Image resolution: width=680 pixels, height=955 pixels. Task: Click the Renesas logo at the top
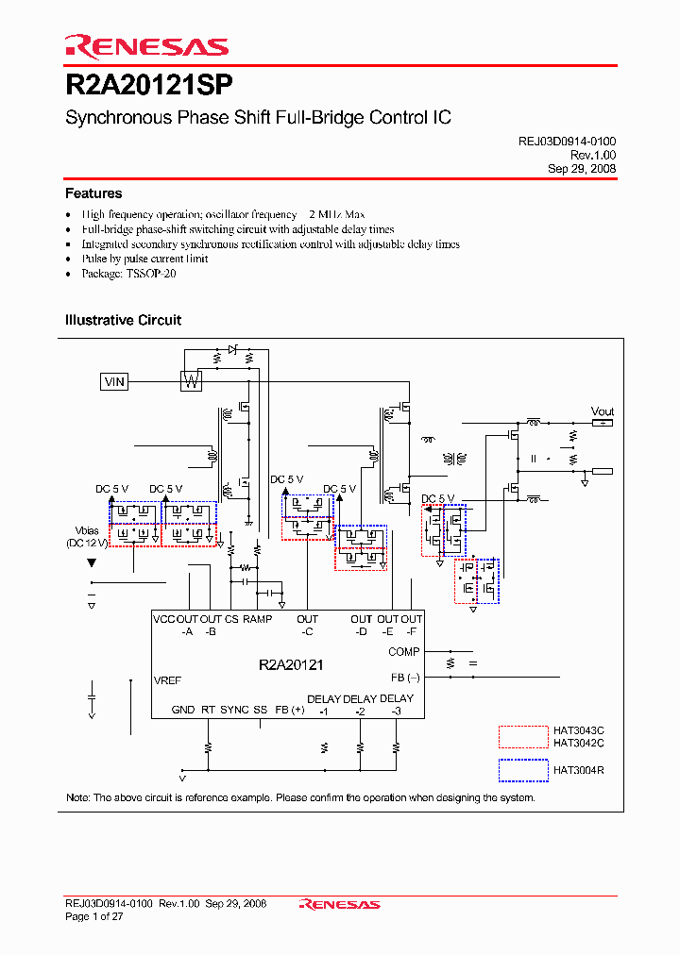tap(146, 46)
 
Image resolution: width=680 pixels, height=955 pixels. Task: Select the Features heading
tap(93, 193)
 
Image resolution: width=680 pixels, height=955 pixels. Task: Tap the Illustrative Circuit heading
tap(123, 320)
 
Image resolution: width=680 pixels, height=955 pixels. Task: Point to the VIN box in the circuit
tap(114, 381)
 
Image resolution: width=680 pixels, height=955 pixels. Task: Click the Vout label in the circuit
tap(602, 411)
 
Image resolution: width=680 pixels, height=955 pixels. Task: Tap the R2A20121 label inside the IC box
tap(291, 664)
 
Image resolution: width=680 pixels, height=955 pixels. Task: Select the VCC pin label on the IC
tap(164, 619)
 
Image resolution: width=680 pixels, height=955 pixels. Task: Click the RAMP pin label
tap(257, 619)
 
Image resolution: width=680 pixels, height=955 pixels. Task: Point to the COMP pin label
tap(403, 652)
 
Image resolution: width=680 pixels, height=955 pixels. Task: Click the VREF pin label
tap(167, 679)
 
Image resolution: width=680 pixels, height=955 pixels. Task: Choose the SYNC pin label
tap(234, 710)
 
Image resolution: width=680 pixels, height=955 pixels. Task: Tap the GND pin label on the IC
tap(183, 710)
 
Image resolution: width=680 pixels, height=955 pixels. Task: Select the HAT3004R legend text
tap(578, 770)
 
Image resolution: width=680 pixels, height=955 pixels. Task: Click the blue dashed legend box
tap(523, 770)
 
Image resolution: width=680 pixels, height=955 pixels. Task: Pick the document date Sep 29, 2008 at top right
tap(582, 168)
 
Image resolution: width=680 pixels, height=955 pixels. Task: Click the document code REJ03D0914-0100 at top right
tap(567, 141)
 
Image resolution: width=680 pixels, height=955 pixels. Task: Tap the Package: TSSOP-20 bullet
tap(128, 273)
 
